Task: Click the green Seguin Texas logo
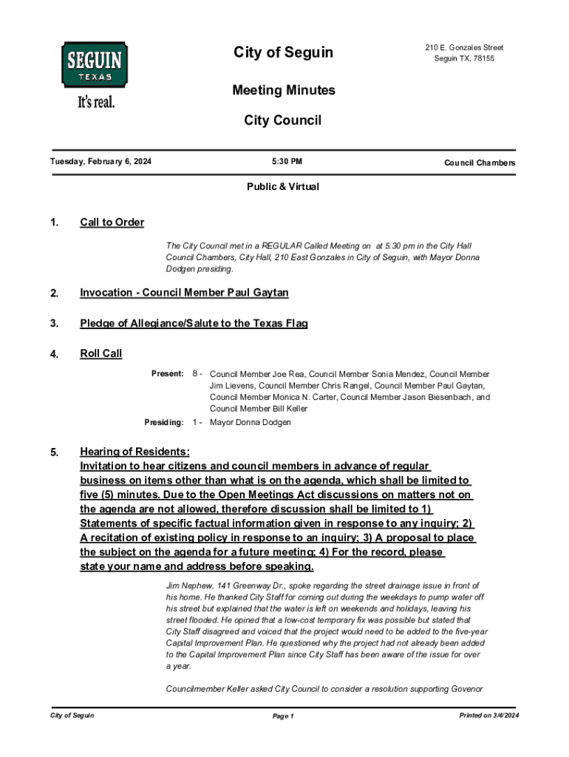point(94,64)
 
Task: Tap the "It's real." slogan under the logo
point(96,102)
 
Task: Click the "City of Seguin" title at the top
point(284,52)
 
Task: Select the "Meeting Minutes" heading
point(284,90)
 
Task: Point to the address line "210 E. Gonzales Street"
point(464,48)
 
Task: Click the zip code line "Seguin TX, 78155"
point(464,59)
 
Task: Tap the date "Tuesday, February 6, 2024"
point(100,162)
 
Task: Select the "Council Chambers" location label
point(480,163)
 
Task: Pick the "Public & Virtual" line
point(283,187)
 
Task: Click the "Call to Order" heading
point(112,223)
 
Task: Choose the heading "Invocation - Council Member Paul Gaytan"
point(184,293)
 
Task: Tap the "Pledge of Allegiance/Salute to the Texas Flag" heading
point(194,323)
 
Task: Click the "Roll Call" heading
point(100,353)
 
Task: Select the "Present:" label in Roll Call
point(168,374)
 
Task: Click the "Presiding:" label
point(163,422)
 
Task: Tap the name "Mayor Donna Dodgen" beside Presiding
point(251,422)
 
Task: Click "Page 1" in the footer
point(284,716)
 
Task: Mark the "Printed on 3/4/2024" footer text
point(489,716)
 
